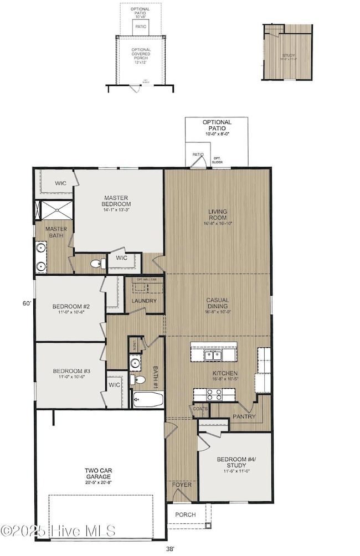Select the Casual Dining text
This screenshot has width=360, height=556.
218,303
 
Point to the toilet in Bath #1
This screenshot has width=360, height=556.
135,379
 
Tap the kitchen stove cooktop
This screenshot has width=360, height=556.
214,394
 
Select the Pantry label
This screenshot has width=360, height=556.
243,415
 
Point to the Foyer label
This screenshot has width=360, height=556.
182,485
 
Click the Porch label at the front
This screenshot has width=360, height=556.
186,514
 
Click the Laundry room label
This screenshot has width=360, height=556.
144,301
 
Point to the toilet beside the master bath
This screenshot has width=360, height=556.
97,262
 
